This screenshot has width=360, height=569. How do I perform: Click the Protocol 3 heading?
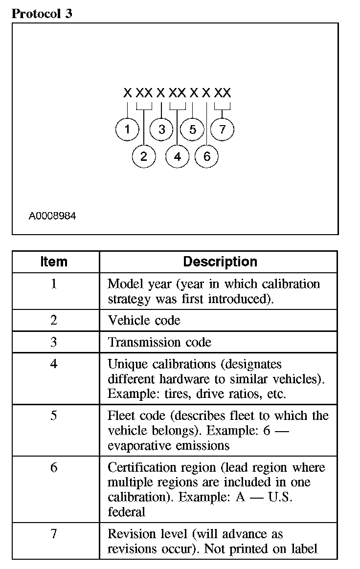pos(42,14)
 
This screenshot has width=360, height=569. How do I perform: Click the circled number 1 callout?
pos(127,130)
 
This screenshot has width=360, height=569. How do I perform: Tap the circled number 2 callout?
pos(144,156)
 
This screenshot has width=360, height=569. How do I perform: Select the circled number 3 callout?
pos(162,130)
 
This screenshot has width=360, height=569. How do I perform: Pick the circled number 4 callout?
pos(177,156)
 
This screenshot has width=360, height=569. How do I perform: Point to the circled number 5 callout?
pos(192,130)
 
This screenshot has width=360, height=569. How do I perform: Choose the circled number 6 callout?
pos(206,156)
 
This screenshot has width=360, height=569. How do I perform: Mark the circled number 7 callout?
pos(223,130)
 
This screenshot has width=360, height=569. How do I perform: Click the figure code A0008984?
pos(52,215)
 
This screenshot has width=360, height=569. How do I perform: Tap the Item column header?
pos(54,262)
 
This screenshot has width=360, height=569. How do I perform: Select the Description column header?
pos(220,262)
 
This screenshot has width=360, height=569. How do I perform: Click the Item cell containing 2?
pos(54,320)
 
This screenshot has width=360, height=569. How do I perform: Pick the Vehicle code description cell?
pos(144,320)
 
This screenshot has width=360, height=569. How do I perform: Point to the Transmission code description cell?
pos(159,342)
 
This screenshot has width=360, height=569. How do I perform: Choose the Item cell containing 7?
pos(54,534)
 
